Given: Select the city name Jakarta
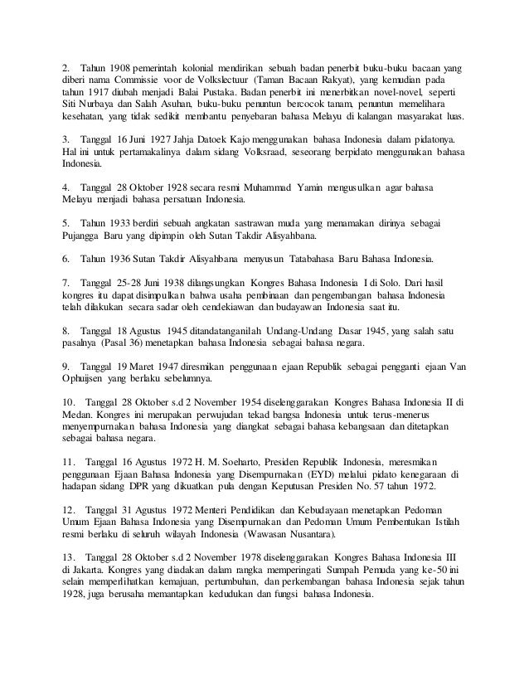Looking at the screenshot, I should coord(90,584).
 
